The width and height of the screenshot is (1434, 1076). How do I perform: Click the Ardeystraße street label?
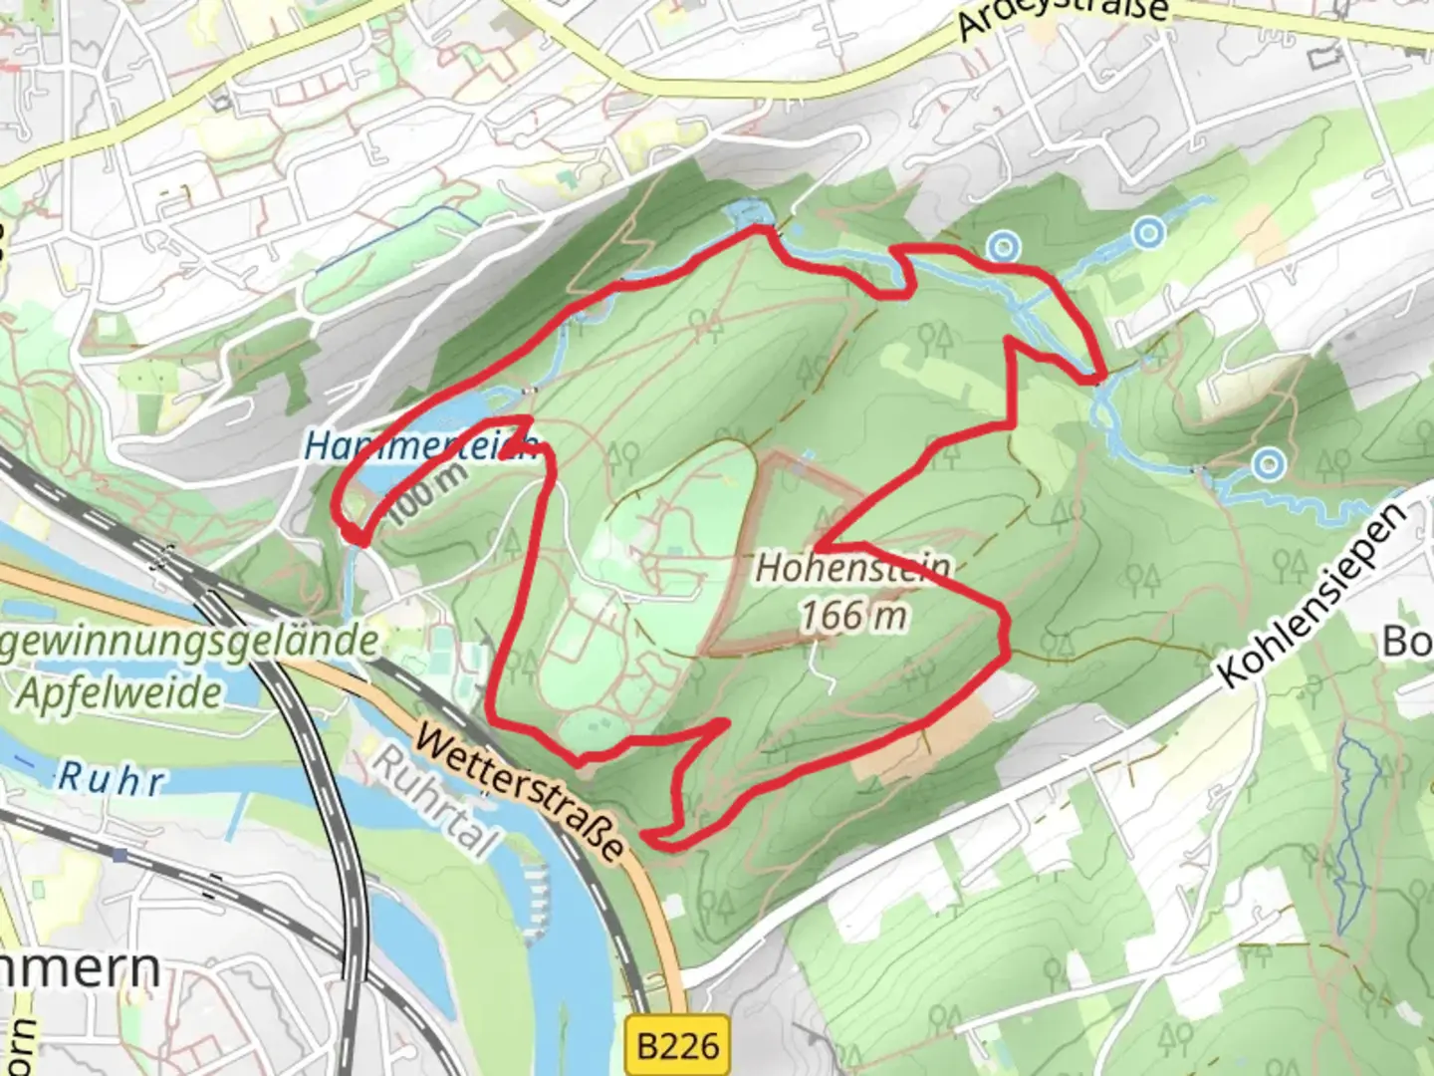point(1064,18)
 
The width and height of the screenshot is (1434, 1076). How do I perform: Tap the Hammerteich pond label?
point(420,445)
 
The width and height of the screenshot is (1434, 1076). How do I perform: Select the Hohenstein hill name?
point(852,568)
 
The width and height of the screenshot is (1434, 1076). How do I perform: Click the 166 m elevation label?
point(853,616)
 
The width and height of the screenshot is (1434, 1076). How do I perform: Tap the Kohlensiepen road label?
point(1314,596)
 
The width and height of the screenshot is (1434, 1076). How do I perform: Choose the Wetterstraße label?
point(520,793)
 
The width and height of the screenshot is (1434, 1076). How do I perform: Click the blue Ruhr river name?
point(110,778)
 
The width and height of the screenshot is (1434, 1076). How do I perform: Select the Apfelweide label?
point(119,692)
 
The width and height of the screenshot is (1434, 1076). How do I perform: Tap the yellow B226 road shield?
point(677,1046)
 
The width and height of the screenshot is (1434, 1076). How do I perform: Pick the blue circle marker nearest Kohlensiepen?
point(1268,463)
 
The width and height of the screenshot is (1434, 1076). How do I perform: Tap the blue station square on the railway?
point(120,855)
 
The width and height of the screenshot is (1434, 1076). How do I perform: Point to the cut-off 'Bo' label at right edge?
point(1408,642)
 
